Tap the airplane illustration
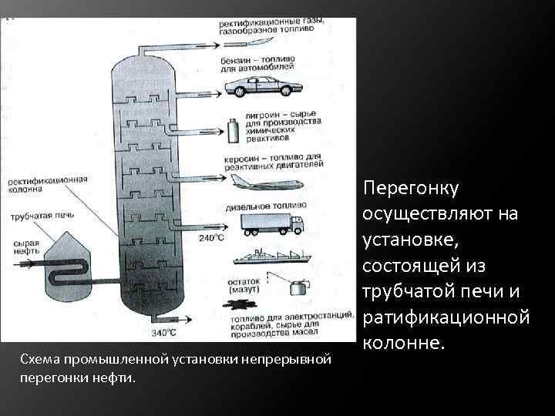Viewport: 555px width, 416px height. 266,183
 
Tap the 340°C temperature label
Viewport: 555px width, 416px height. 163,333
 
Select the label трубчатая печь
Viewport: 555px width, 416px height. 37,216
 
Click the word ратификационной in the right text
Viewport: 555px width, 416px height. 446,316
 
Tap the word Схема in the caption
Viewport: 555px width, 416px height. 38,360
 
